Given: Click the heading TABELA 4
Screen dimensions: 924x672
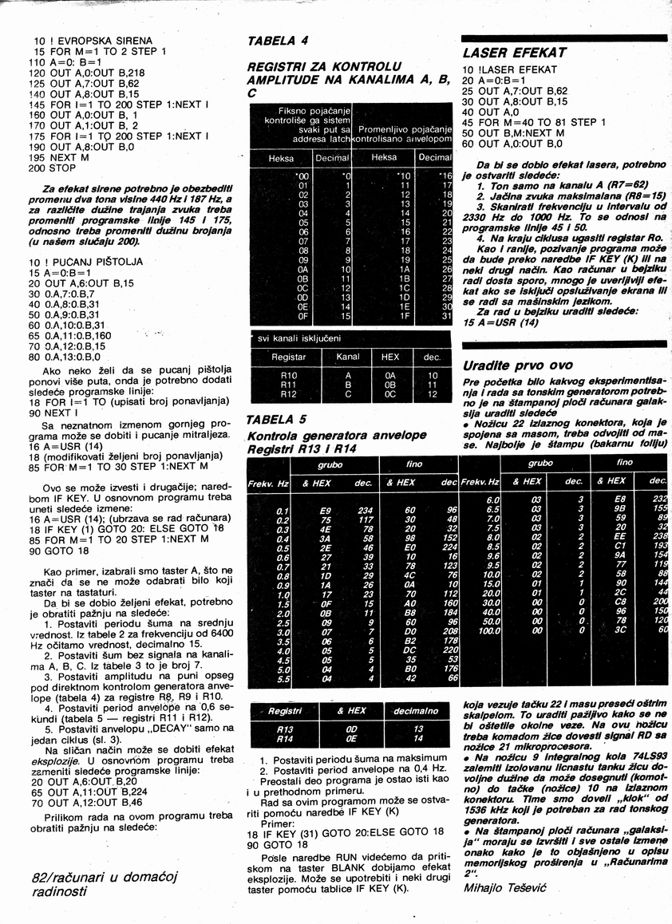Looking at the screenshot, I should click(x=278, y=40).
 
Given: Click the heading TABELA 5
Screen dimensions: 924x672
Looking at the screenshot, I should click(x=276, y=420).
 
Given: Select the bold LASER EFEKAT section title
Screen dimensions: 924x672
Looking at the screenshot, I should click(x=514, y=53).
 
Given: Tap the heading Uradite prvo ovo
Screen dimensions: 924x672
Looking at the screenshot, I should click(x=516, y=365).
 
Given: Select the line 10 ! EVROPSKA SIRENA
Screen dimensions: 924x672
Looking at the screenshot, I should click(x=93, y=40).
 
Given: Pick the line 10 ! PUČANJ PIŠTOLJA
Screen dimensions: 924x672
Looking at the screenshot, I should click(x=88, y=261).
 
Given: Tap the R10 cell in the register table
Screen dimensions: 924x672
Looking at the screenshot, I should click(x=289, y=375).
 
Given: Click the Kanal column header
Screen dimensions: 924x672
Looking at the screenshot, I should click(x=348, y=357).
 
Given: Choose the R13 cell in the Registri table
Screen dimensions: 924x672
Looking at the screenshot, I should click(x=284, y=729).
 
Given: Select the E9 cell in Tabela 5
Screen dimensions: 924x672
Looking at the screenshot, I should click(x=326, y=511).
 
